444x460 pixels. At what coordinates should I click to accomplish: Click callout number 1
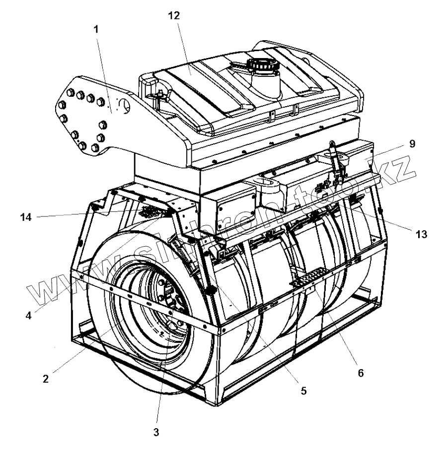click(x=96, y=29)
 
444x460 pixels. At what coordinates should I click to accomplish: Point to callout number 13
click(x=421, y=235)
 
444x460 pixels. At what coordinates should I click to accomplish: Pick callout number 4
click(x=29, y=315)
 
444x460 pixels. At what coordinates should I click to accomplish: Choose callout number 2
click(x=45, y=379)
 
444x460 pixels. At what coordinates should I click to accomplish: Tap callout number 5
click(x=303, y=391)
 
